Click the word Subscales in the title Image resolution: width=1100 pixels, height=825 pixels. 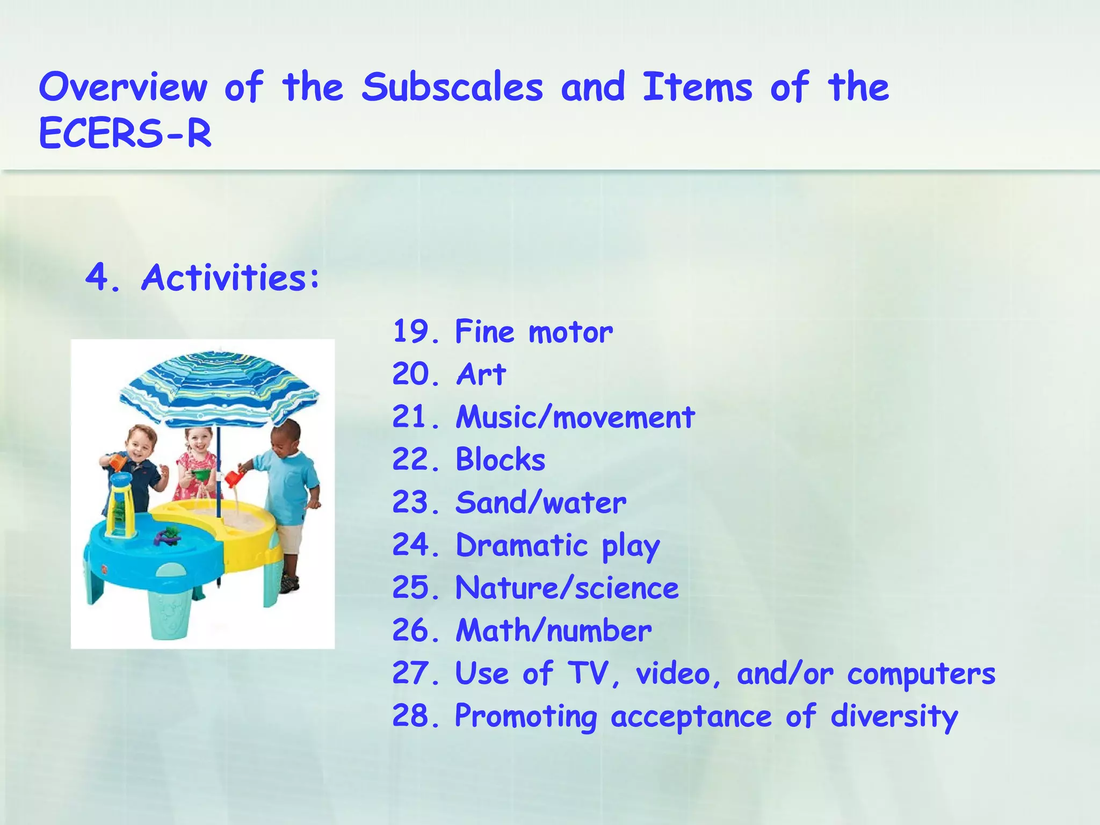[x=452, y=88]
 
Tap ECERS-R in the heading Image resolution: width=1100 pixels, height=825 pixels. [x=125, y=134]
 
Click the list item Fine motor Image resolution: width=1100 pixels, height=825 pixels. [x=533, y=331]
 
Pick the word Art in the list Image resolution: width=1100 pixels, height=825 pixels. [x=481, y=374]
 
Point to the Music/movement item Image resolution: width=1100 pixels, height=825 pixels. [x=575, y=417]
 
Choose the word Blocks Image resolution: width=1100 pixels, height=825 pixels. [x=500, y=460]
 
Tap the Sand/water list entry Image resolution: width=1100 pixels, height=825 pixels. [x=540, y=503]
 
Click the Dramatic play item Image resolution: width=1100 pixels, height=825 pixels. [x=558, y=546]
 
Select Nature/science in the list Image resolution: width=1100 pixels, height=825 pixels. [x=567, y=588]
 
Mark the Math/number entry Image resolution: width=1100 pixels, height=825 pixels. [x=553, y=631]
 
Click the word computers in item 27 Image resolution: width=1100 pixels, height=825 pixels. [x=921, y=674]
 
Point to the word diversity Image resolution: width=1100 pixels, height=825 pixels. [x=894, y=717]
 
